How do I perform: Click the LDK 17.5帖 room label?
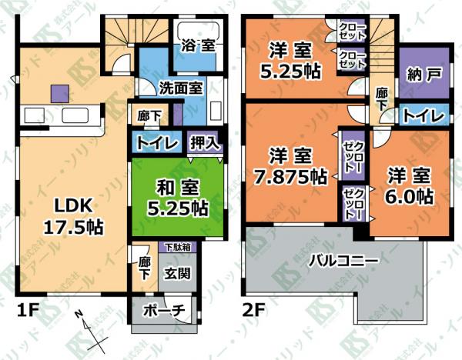74,216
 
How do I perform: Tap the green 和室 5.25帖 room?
177,197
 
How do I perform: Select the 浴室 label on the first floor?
198,45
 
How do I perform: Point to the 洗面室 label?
181,88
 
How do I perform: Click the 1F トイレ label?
157,143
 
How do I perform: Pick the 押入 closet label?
205,143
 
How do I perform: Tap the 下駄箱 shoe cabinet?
177,247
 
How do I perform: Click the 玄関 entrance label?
177,273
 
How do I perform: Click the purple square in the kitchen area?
60,94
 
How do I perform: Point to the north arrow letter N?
79,315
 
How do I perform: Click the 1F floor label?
28,311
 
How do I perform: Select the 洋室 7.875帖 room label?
290,166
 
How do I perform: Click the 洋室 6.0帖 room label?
410,186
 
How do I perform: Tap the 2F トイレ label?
423,115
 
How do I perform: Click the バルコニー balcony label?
343,260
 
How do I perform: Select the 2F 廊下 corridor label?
382,99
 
